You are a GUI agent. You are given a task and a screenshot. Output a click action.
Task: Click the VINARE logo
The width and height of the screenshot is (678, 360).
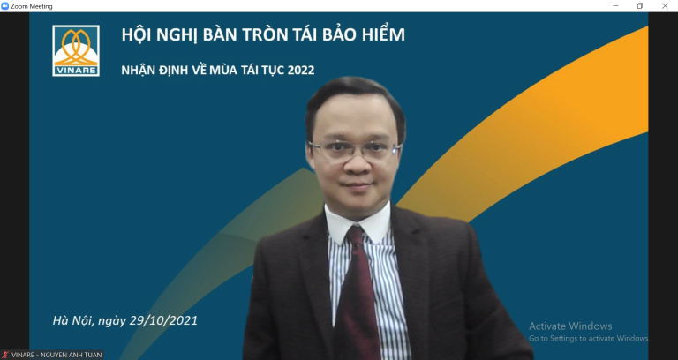point(76,50)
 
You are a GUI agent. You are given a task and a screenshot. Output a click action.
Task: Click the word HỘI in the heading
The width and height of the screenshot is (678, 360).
point(138,36)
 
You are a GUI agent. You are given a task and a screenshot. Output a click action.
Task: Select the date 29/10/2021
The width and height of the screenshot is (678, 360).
point(166,319)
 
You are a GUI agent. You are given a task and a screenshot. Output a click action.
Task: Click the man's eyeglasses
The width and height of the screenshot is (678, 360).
point(353,149)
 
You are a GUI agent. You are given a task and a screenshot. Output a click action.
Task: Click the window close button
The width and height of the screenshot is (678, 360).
point(665,6)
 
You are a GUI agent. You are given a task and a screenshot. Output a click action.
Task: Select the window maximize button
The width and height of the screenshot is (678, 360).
point(640,6)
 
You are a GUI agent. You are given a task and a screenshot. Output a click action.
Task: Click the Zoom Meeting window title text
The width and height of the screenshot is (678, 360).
point(32,6)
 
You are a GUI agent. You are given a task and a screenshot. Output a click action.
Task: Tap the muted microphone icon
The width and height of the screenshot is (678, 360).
point(5,355)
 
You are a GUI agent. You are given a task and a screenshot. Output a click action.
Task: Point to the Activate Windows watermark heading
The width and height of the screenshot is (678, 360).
point(570,326)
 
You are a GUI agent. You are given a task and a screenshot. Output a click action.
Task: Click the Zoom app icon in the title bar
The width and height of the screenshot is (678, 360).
point(5,6)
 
